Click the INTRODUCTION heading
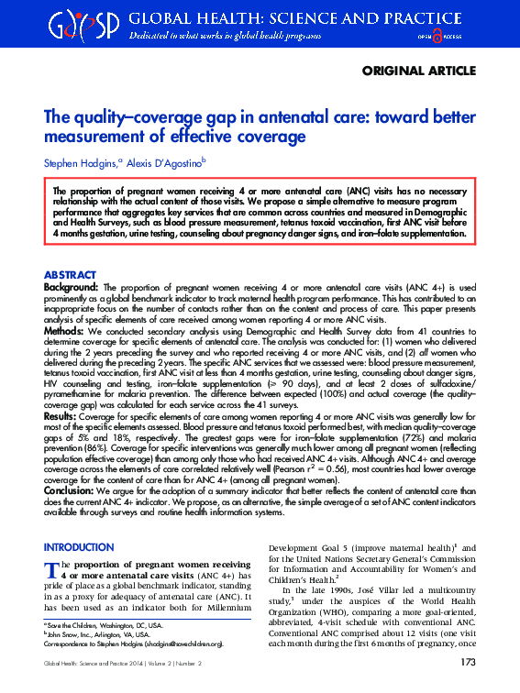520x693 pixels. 79,547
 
